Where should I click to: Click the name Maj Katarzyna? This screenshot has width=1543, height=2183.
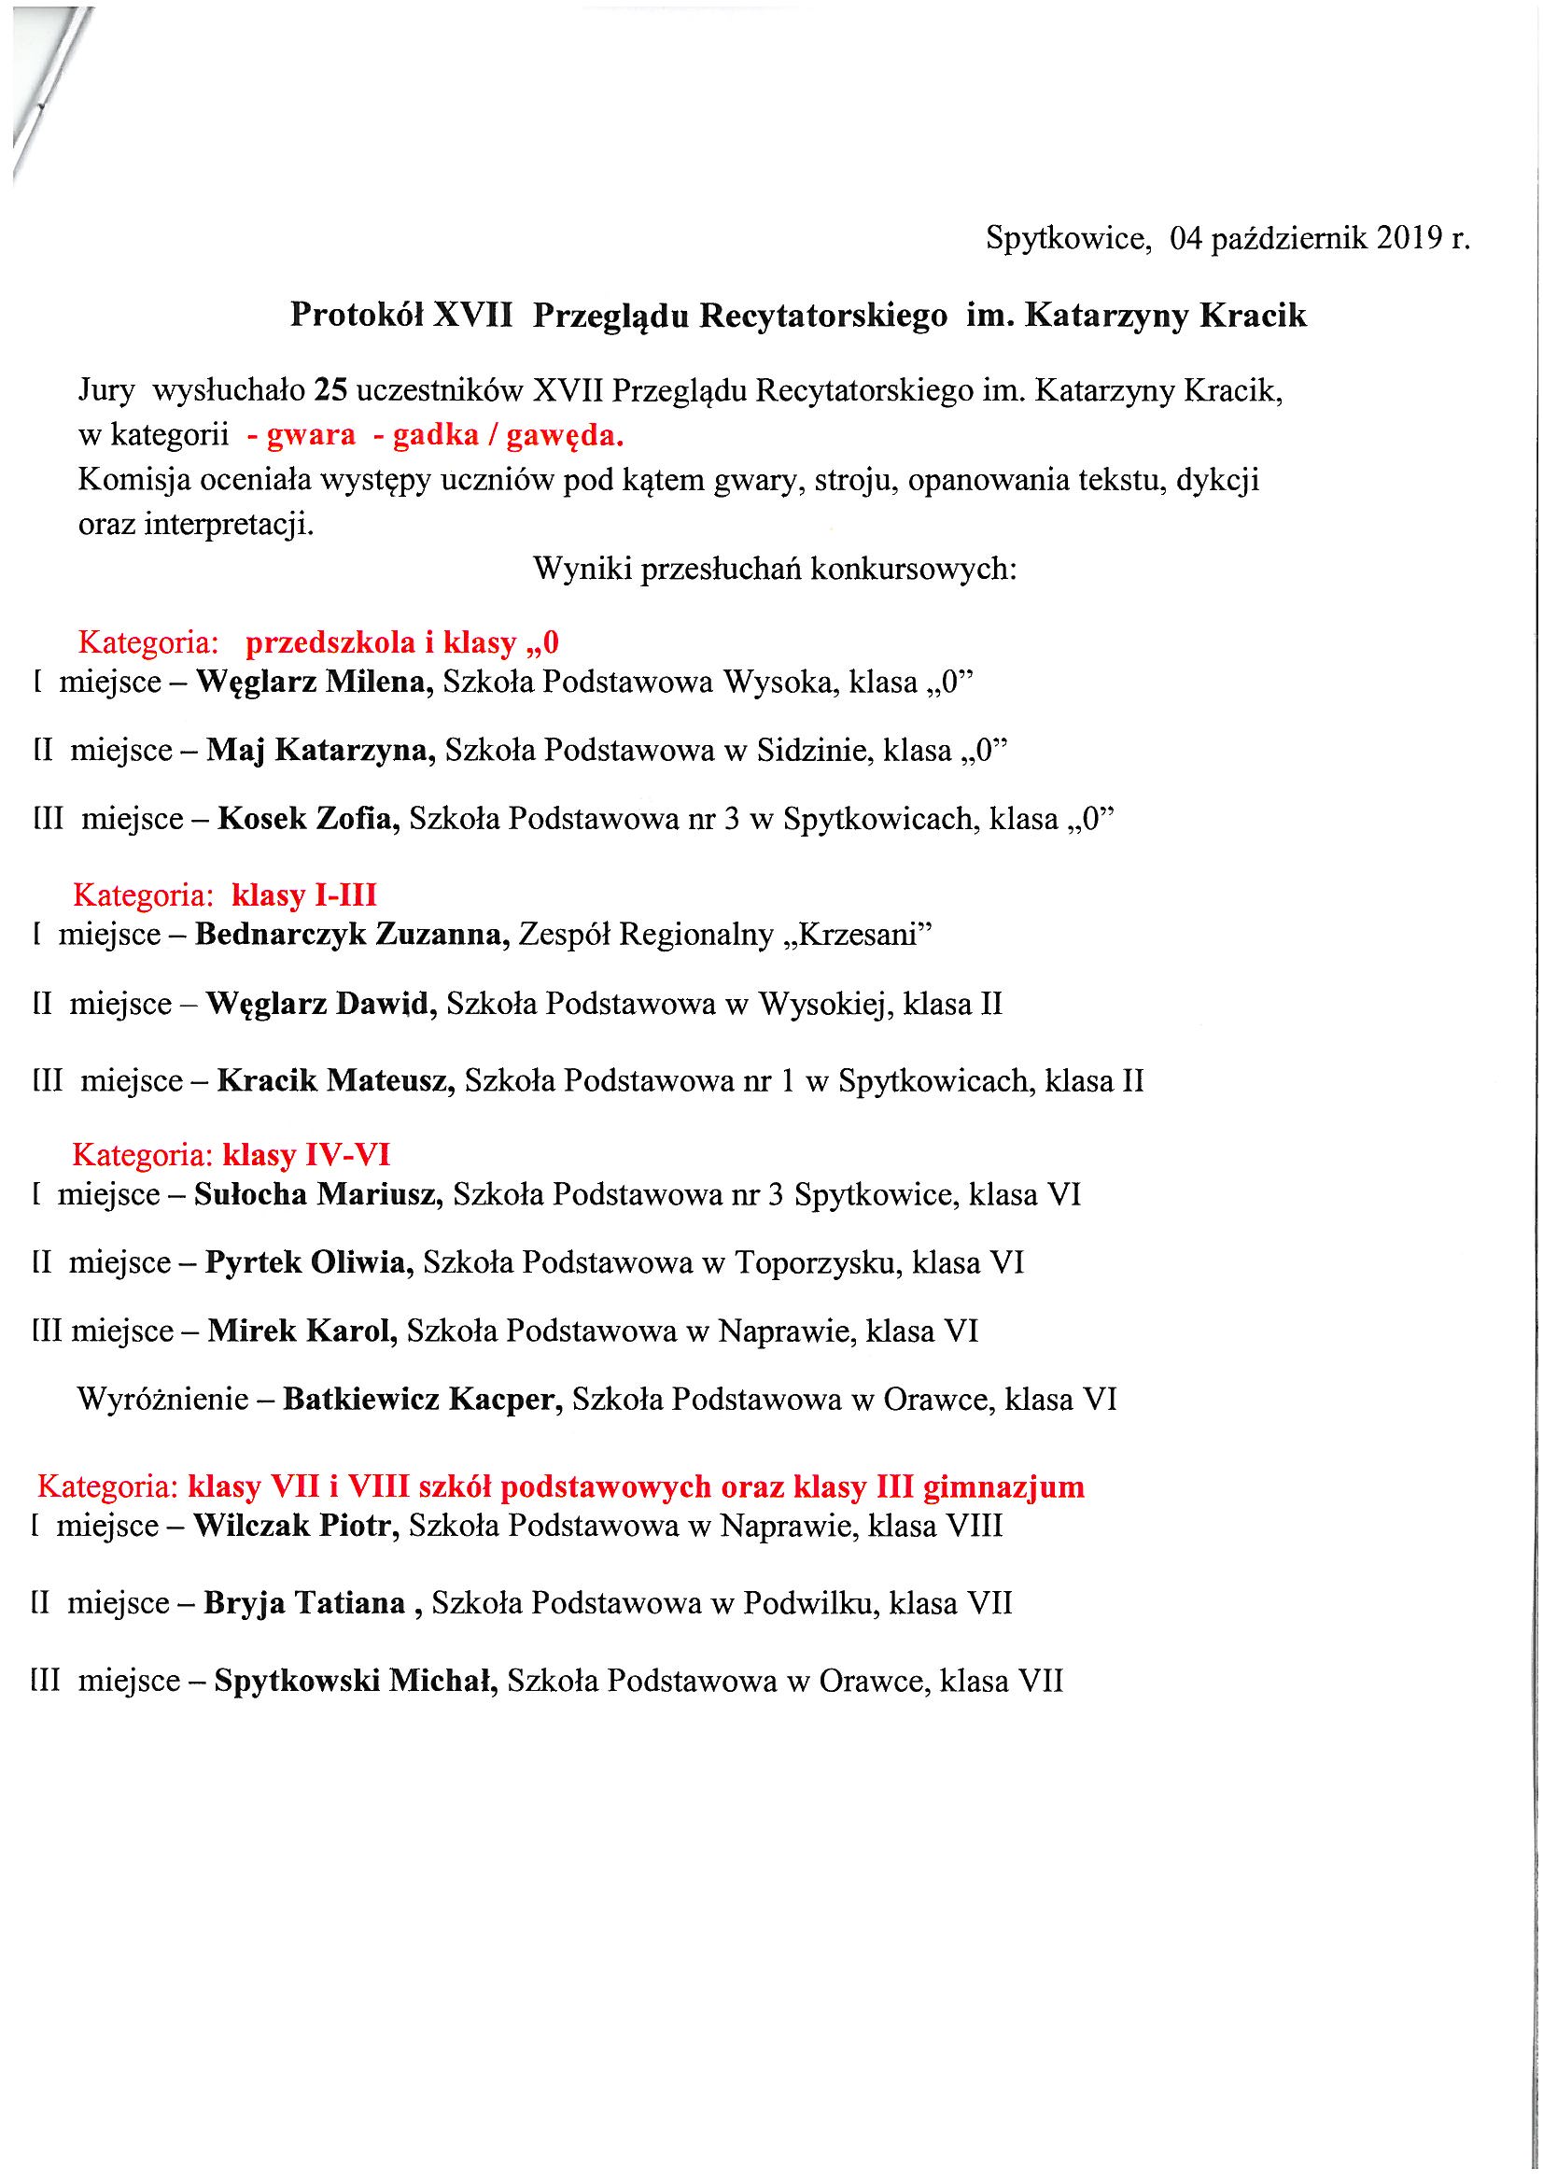pos(320,751)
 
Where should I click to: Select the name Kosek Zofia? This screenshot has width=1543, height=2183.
pos(308,819)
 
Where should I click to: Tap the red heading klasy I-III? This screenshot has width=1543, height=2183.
pos(304,894)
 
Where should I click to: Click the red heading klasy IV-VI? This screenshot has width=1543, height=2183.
pos(305,1155)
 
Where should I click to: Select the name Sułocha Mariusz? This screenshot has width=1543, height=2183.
pos(317,1195)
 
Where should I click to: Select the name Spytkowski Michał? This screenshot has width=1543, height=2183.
pos(357,1681)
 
